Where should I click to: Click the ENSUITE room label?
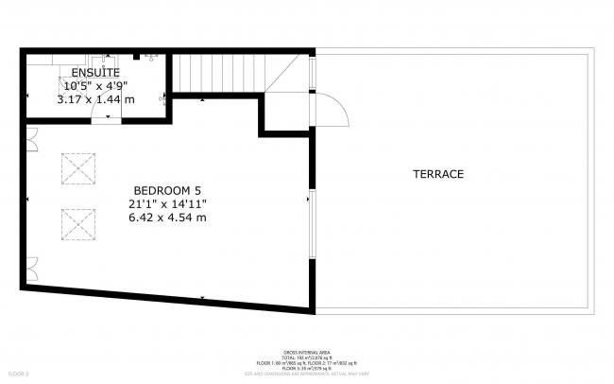tap(95, 72)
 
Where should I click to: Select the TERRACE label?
tap(438, 174)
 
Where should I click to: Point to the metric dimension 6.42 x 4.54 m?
tap(168, 218)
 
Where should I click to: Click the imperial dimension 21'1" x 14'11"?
tap(168, 203)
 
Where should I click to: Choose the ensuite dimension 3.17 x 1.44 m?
tap(95, 98)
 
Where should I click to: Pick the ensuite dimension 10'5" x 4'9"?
tap(95, 85)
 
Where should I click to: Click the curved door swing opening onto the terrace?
tap(333, 110)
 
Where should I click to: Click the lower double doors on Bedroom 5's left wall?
tap(31, 269)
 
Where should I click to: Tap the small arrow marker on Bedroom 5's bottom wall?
tap(202, 299)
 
